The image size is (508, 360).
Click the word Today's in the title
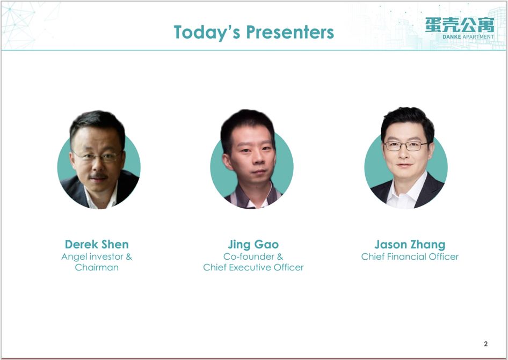(x=207, y=32)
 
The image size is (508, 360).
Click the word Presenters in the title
(x=290, y=32)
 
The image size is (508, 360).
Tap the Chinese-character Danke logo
(x=460, y=25)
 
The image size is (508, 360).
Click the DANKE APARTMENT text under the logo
(x=468, y=37)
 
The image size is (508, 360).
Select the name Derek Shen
(x=97, y=244)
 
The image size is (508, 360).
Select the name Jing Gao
(x=253, y=245)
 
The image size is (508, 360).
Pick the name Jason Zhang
(x=410, y=245)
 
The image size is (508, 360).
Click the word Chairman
(x=97, y=267)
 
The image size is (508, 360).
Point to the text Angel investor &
(x=97, y=257)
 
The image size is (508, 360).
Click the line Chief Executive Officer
(x=253, y=267)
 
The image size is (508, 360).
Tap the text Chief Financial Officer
(x=410, y=257)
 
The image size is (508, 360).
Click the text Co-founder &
(x=253, y=257)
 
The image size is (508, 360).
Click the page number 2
(x=485, y=344)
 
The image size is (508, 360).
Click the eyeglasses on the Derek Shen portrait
(x=97, y=157)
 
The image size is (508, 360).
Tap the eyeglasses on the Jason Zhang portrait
(x=405, y=146)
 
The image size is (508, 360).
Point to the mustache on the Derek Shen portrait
(x=98, y=177)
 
